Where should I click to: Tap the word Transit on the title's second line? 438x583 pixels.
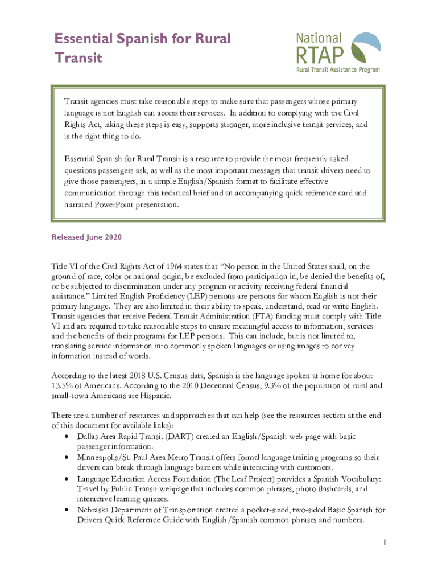pyautogui.click(x=78, y=58)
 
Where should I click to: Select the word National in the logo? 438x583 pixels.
pyautogui.click(x=319, y=38)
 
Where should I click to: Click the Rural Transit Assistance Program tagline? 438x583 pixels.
pyautogui.click(x=337, y=70)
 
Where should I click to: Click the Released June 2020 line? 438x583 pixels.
pyautogui.click(x=86, y=236)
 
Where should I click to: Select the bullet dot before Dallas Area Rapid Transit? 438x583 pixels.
pyautogui.click(x=68, y=437)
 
